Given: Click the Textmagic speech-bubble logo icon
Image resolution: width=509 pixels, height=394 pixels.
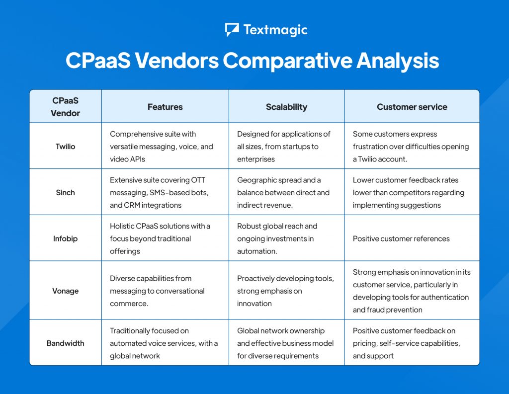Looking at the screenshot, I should (x=232, y=30).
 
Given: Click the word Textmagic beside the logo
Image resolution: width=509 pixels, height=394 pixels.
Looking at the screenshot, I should (x=275, y=30).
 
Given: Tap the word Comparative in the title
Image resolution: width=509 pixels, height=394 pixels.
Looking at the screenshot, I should (x=287, y=61).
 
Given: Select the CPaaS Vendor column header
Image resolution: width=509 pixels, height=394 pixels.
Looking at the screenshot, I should (x=66, y=107).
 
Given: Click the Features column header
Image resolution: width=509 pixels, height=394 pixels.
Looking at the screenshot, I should (x=165, y=107).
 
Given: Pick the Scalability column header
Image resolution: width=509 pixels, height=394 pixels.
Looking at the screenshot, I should (x=286, y=107).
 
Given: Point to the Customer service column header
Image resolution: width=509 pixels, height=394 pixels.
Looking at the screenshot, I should (x=412, y=107).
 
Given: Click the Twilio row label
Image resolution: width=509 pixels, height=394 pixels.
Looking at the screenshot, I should (x=66, y=147).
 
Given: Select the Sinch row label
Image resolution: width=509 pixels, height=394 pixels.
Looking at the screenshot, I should (x=66, y=192).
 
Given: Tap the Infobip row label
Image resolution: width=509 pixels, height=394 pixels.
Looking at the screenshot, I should (x=66, y=238).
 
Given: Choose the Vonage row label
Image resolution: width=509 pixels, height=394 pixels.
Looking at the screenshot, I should (x=66, y=291).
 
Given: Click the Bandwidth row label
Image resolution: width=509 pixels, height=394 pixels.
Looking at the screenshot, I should (x=66, y=343).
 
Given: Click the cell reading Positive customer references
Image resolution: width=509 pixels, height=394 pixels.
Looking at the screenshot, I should (x=401, y=238).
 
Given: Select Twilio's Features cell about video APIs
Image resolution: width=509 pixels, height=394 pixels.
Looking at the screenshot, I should (x=162, y=147).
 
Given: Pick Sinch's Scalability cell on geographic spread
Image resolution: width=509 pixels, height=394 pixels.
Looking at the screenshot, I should (x=283, y=192).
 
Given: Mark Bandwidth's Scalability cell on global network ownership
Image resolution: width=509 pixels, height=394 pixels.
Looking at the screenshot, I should (x=285, y=343).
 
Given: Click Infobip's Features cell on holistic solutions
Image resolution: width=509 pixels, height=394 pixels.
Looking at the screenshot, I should (x=160, y=238).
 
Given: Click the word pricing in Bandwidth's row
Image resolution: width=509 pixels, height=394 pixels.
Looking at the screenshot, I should (x=366, y=343).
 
